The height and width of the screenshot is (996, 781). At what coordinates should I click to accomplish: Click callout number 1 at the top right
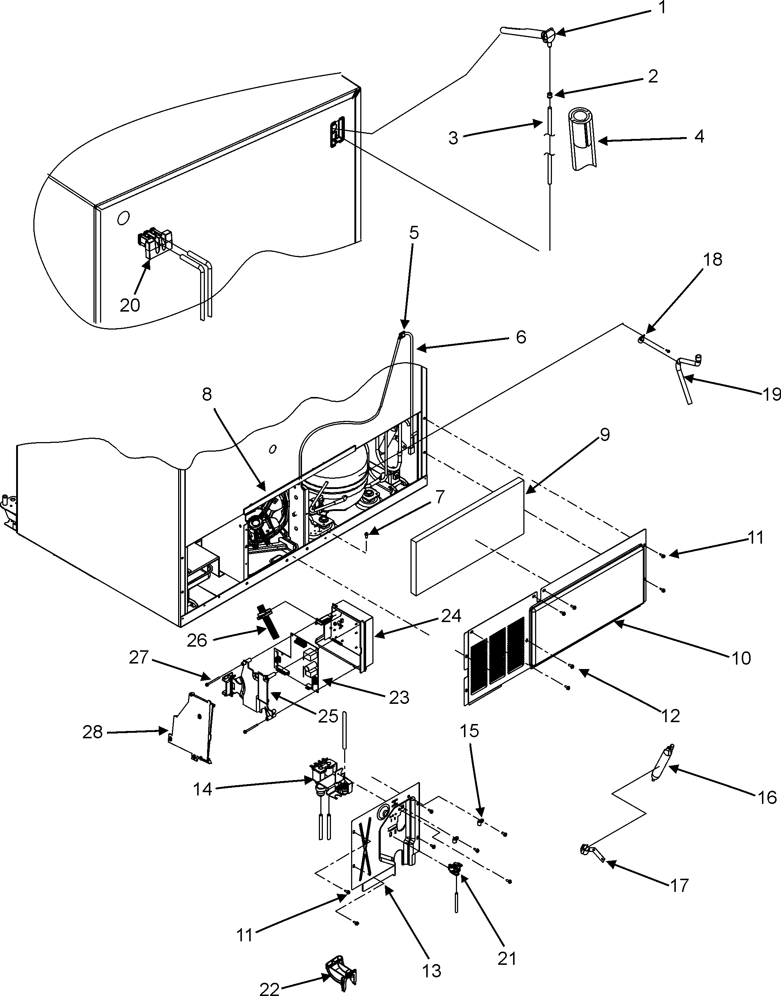point(663,8)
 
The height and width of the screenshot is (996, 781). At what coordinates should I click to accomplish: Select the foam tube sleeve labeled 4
point(582,139)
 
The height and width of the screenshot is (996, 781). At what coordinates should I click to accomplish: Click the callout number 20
point(129,305)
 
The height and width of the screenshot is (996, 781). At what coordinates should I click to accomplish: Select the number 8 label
point(207,395)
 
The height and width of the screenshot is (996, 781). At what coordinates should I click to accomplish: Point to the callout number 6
point(520,338)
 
